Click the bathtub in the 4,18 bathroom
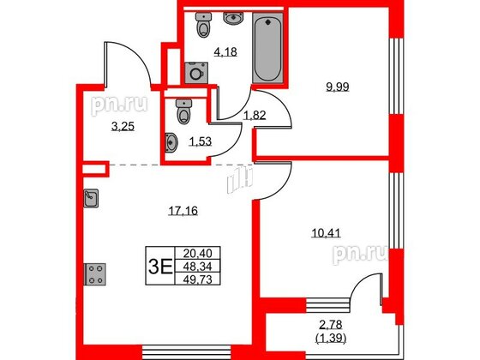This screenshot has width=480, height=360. coord(267,48)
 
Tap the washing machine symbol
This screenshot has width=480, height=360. coord(196,73)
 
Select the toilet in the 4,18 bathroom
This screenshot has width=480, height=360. coord(203,25)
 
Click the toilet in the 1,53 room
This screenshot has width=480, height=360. coord(183,111)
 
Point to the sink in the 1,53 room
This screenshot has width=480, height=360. coord(171,142)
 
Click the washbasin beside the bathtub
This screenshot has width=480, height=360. coord(233,18)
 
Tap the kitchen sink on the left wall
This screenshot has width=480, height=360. coord(91,198)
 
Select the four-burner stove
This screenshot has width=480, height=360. coord(95,274)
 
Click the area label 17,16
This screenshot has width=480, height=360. coord(183,211)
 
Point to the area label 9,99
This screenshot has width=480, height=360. coord(338,87)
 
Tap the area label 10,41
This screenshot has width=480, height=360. coord(326,234)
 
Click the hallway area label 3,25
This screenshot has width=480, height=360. coord(123,126)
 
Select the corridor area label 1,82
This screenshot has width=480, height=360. coord(255,116)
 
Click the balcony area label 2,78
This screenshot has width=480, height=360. coord(331,324)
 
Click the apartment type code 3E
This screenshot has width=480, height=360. coord(160,267)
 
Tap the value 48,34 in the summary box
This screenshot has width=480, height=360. coord(197,267)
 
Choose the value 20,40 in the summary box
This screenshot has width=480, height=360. coord(197,254)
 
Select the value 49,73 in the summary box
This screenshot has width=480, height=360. coord(197,279)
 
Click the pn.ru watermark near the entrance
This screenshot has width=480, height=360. coord(120,105)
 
